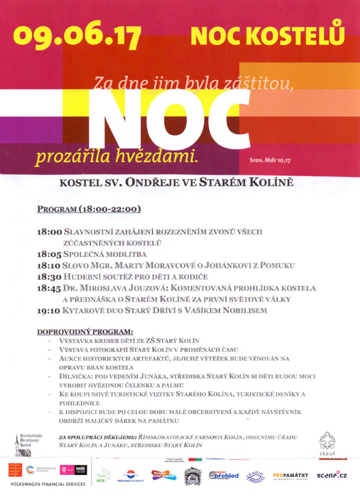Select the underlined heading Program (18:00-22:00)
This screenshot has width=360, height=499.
[x=89, y=209]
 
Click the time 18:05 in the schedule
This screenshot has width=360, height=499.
[x=49, y=254]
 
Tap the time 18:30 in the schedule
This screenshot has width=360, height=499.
[x=49, y=277]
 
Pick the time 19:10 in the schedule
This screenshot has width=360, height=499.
[x=49, y=311]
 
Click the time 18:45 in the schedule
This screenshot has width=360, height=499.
[x=49, y=288]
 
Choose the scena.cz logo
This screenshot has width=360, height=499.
[x=332, y=475]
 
